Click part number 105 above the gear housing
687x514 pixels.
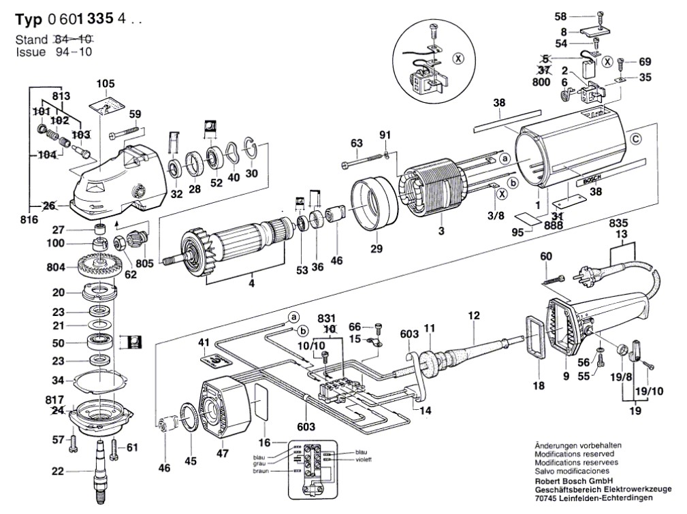click(x=106, y=84)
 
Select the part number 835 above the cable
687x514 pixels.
click(x=618, y=223)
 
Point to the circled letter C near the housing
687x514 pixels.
click(x=635, y=141)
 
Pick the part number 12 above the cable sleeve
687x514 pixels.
click(x=474, y=315)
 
